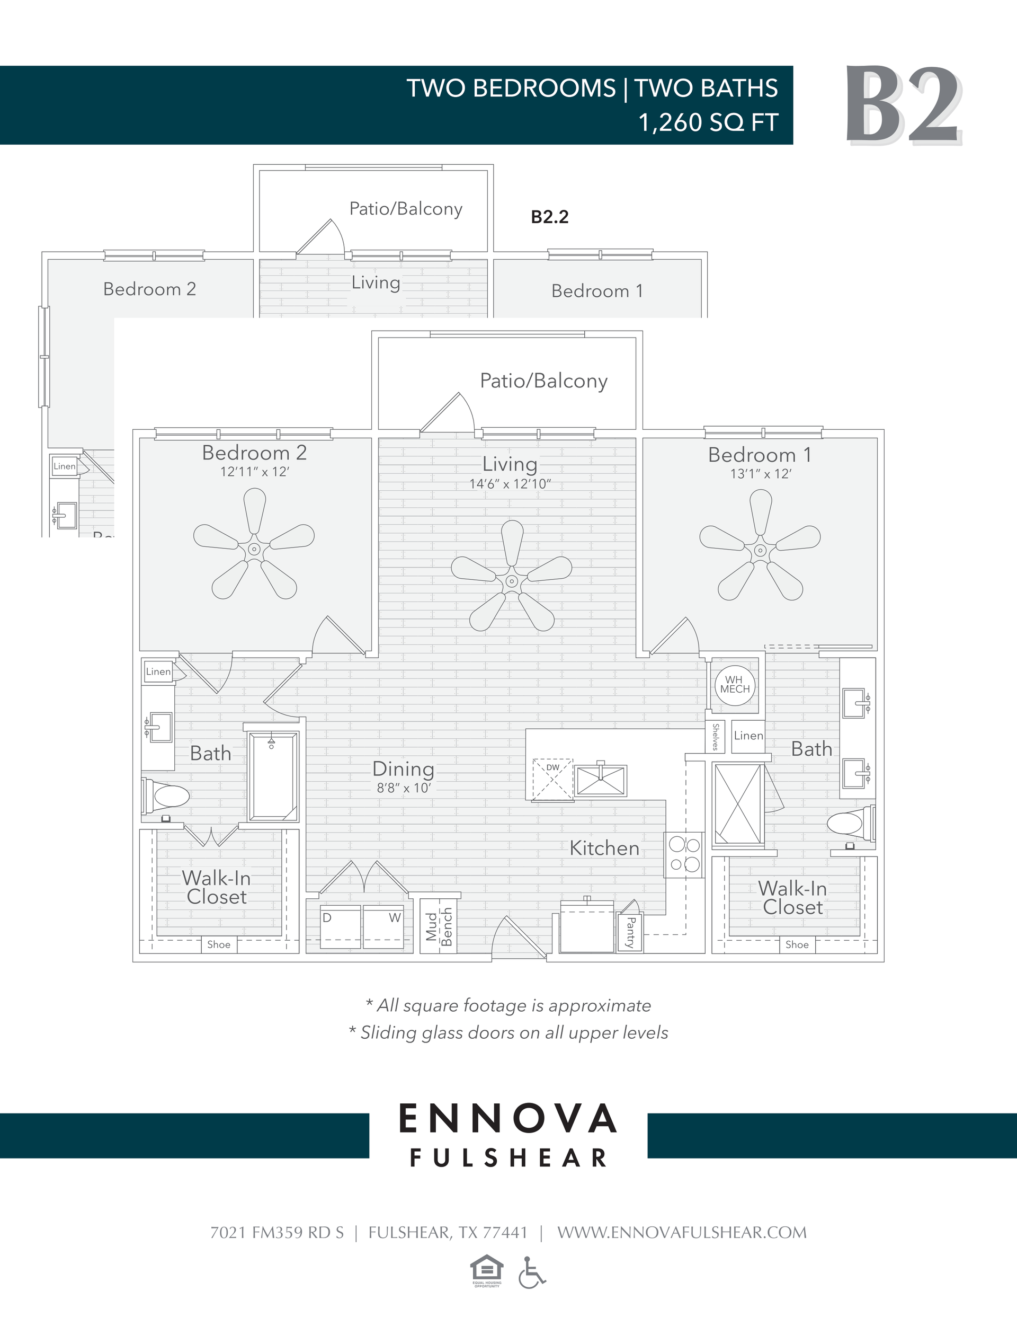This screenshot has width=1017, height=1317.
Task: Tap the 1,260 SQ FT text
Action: (x=708, y=122)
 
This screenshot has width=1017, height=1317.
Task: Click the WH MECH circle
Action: (x=735, y=685)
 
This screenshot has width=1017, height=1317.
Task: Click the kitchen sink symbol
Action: (x=601, y=780)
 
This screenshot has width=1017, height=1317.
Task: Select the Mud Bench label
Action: (x=438, y=926)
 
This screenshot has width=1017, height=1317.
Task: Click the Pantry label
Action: (x=630, y=932)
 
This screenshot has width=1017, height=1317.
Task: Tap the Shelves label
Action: (x=715, y=737)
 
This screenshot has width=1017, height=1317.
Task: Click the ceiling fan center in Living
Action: (x=511, y=581)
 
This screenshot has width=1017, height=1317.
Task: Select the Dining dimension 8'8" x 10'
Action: (x=403, y=788)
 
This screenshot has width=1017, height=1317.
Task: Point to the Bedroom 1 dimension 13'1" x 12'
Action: (x=760, y=474)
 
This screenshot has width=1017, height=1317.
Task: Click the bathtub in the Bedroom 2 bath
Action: (x=273, y=776)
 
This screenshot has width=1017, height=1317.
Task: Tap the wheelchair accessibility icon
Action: (x=531, y=1272)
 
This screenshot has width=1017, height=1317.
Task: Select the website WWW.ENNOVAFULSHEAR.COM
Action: (x=681, y=1233)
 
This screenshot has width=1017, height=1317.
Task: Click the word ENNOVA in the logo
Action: (x=507, y=1119)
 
